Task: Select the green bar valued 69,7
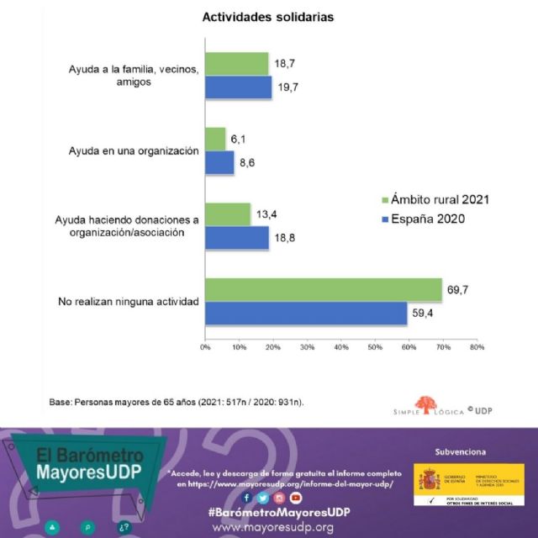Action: (323, 289)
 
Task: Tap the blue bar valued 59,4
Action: (306, 313)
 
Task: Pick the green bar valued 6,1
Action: (215, 139)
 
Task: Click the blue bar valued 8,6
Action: (219, 162)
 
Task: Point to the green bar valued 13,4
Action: (228, 214)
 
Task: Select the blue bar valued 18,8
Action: (237, 238)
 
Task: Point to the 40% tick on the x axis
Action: (340, 345)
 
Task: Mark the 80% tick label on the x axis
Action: (476, 345)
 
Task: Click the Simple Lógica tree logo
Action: (426, 404)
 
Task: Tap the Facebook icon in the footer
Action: (248, 498)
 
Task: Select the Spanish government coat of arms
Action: (430, 480)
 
